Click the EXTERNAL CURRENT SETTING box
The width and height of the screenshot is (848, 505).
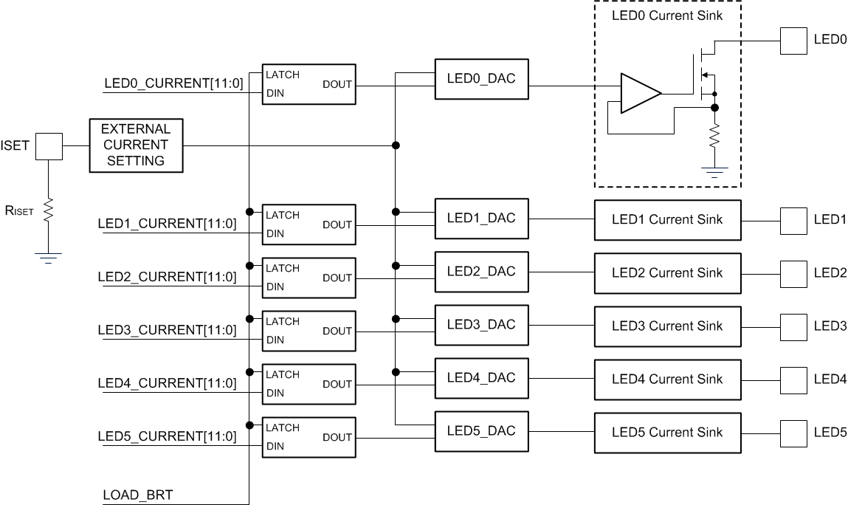coord(136,145)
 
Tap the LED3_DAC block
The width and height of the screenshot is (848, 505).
coord(481,325)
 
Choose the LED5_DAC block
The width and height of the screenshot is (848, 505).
coord(481,431)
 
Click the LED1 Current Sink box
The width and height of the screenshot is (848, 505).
coord(667,219)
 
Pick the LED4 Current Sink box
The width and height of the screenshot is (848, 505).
coord(667,379)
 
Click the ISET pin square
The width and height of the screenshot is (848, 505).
coord(49,145)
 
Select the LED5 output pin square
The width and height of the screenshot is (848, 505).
coord(794,432)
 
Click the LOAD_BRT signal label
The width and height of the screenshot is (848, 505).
coord(139,495)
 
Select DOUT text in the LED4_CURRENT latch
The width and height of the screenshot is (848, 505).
coord(337,384)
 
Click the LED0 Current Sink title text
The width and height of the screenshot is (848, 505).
coord(666,16)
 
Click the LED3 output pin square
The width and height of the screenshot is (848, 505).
coord(794,326)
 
